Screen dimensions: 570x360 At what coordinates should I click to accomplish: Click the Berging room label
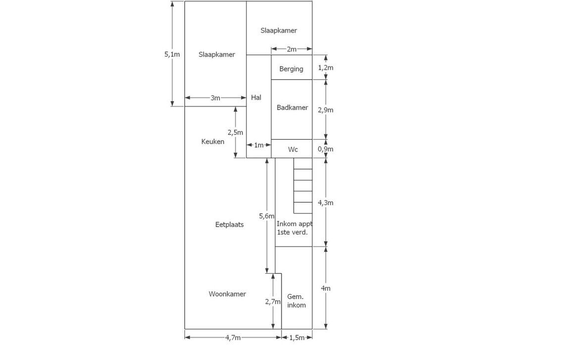[x=291, y=69]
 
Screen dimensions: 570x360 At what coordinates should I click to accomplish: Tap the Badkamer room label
[x=292, y=107]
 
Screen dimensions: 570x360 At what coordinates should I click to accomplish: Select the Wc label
[x=293, y=150]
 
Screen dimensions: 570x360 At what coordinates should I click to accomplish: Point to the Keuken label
[x=213, y=142]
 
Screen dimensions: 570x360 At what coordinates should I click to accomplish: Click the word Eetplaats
[x=230, y=225]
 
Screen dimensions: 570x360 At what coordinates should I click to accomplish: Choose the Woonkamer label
[x=227, y=294]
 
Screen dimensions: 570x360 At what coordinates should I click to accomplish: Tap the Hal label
[x=256, y=98]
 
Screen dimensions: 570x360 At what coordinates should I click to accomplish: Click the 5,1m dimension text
[x=172, y=54]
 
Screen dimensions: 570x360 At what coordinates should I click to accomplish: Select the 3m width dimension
[x=216, y=98]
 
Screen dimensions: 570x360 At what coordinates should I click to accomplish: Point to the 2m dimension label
[x=291, y=49]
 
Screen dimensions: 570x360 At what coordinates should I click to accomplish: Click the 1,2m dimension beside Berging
[x=326, y=68]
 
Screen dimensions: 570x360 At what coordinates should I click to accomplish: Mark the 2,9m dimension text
[x=326, y=110]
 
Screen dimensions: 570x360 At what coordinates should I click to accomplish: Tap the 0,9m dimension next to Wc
[x=326, y=149]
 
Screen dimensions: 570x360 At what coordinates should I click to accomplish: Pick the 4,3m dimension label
[x=326, y=203]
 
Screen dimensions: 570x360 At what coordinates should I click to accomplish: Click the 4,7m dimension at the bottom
[x=233, y=337]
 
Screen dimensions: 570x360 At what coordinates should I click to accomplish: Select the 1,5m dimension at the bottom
[x=297, y=337]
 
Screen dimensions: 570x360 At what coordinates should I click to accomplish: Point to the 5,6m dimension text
[x=267, y=216]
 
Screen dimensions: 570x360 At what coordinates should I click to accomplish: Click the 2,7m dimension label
[x=273, y=302]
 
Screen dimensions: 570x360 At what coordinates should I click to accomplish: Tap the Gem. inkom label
[x=296, y=301]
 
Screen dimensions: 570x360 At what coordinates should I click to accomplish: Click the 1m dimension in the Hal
[x=259, y=145]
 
